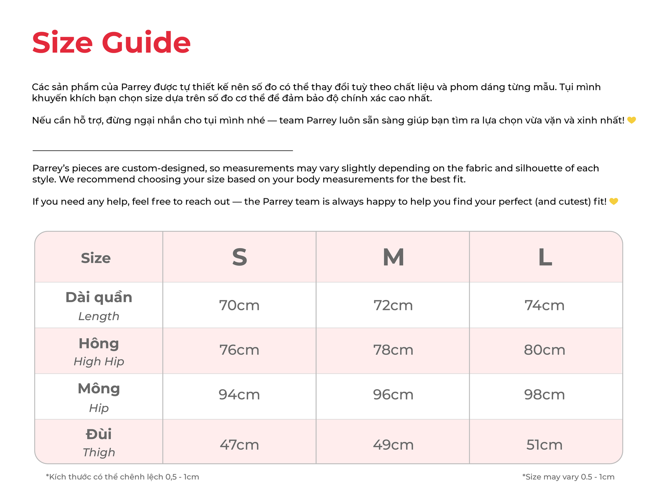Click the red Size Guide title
point(111,42)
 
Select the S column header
point(239,257)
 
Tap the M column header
point(393,257)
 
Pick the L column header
point(544,257)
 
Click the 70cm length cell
point(239,305)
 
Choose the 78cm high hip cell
point(393,350)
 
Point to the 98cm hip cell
point(544,395)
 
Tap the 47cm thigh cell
point(239,445)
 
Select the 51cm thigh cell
point(544,445)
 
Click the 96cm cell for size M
point(393,395)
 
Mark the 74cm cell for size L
point(544,305)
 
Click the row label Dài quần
point(99,297)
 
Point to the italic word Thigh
point(99,452)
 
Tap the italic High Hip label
point(99,361)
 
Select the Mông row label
point(99,388)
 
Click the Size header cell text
point(96,258)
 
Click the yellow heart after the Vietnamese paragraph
point(631,120)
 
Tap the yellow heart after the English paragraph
point(614,201)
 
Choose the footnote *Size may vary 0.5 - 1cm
point(568,477)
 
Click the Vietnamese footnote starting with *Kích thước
point(122,477)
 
